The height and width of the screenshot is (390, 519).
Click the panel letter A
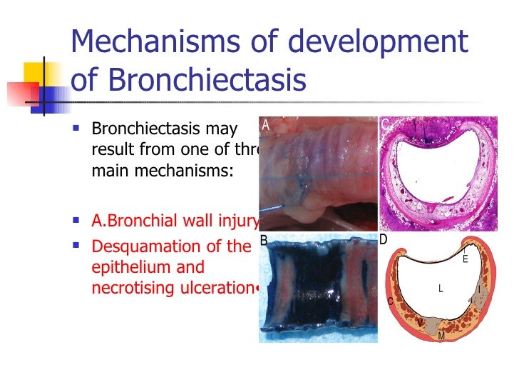click(265, 124)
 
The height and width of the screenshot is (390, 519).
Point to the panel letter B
click(263, 241)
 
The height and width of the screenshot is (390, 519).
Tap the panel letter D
click(383, 240)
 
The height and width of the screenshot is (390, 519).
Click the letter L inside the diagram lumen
click(441, 289)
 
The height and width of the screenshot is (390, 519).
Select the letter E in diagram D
click(465, 259)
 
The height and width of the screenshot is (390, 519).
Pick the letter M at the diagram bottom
click(441, 336)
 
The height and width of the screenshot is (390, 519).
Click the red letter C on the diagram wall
click(390, 301)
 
